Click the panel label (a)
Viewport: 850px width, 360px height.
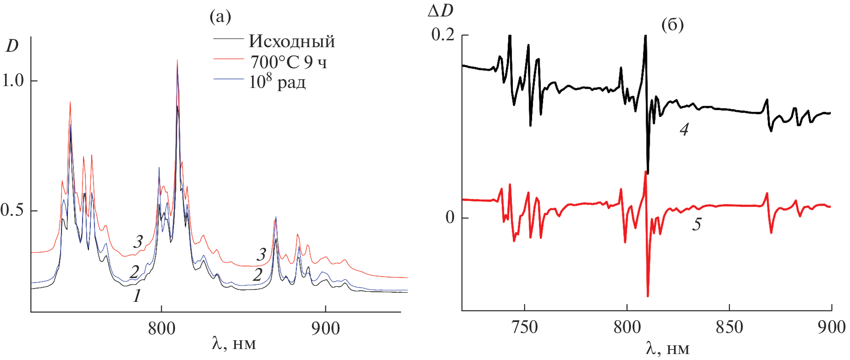(220, 17)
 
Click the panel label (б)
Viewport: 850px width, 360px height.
(672, 24)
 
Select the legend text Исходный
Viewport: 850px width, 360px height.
(291, 42)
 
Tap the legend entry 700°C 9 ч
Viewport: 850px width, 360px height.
(288, 62)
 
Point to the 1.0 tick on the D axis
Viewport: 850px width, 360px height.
(13, 81)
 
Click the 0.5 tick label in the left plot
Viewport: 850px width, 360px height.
(12, 211)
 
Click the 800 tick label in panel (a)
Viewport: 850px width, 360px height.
(161, 328)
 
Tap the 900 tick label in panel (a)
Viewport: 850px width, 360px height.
(325, 328)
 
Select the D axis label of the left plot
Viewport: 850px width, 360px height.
(12, 46)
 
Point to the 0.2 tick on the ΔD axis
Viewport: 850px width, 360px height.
(443, 35)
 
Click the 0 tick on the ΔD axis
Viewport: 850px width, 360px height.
(450, 217)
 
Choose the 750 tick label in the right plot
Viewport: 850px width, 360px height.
(524, 327)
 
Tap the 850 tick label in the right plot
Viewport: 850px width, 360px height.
(729, 327)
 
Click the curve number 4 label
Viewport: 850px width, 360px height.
(684, 130)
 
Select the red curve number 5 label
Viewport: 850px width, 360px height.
(696, 224)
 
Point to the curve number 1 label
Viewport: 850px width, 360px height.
(137, 296)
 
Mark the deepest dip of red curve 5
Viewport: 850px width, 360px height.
(647, 295)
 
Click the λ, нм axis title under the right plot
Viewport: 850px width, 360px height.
(668, 349)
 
